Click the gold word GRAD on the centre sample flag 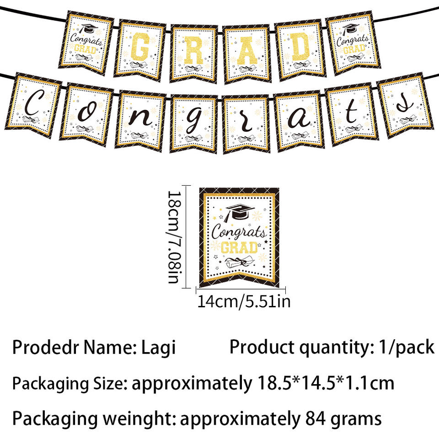pyautogui.click(x=239, y=247)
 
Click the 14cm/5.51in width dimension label pyautogui.click(x=243, y=302)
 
